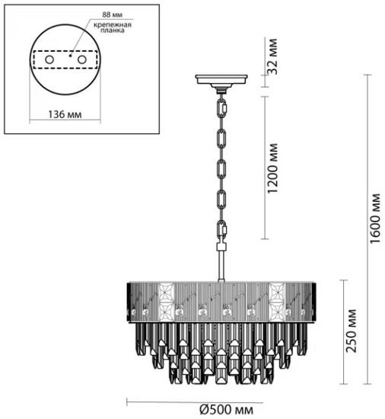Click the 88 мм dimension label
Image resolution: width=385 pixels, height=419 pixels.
pos(112,14)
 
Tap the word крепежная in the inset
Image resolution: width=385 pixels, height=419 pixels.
pos(113,25)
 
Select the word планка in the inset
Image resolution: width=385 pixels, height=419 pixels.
pos(113,30)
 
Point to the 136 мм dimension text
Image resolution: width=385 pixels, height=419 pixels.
pos(65,114)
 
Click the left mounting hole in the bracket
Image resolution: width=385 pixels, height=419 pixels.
pos(49,59)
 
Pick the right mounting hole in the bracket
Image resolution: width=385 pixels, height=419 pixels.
pos(82,59)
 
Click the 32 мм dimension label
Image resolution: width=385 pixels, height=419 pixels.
pos(272,56)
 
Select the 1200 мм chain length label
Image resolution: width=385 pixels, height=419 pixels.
pos(272,168)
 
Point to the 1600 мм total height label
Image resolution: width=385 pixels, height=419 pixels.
pos(375,218)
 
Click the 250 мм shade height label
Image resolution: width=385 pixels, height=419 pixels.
pos(351,331)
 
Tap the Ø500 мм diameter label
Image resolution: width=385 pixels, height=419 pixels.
pos(226,409)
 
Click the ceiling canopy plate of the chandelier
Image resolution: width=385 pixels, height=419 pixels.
pos(221,79)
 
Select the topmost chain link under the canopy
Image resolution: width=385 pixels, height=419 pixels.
pos(222,108)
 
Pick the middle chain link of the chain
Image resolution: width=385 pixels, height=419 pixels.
pos(221,169)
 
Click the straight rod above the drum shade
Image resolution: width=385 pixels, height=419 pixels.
pos(221,265)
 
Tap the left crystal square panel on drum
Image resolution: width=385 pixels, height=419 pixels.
pos(166,302)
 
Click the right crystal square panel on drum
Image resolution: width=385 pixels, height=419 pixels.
pos(277,302)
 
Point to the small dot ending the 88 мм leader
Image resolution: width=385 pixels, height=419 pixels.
pos(70,56)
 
